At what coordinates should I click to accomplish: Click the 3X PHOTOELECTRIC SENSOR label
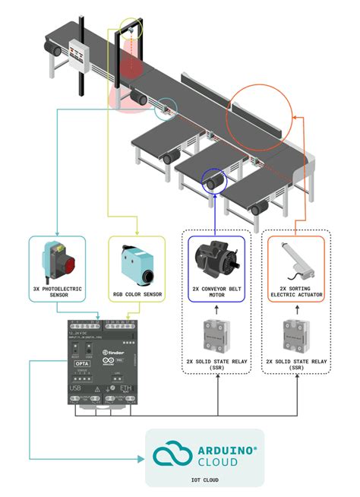(58, 293)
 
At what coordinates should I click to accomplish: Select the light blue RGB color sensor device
(137, 263)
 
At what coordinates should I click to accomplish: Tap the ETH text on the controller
(125, 388)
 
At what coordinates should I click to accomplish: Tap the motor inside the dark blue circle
(215, 182)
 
